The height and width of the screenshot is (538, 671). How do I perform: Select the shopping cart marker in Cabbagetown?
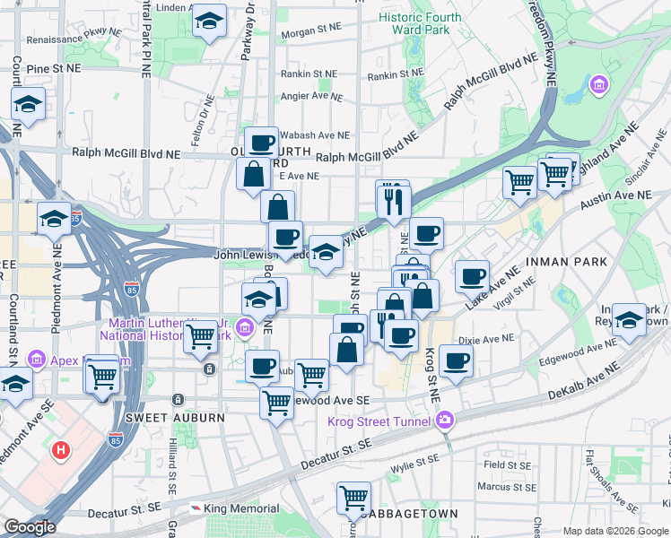354,497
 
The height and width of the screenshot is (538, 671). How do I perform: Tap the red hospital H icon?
61,449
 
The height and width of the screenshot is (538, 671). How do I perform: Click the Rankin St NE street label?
308,74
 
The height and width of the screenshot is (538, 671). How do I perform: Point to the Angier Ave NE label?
307,96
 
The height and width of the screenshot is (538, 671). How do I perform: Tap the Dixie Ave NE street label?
485,339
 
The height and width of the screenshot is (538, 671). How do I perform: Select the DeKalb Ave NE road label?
584,382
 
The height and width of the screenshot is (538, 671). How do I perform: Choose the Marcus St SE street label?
505,487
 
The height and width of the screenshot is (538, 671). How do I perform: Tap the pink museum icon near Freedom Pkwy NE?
598,86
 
